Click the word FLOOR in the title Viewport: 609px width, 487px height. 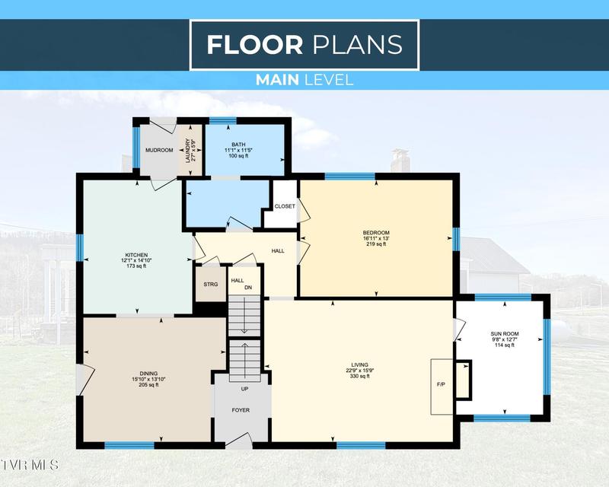point(255,45)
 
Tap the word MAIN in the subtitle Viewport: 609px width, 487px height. point(277,80)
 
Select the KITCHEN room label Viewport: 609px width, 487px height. point(136,255)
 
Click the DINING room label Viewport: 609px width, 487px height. point(148,374)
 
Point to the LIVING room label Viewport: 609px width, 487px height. point(359,364)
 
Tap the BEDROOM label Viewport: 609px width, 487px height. point(376,233)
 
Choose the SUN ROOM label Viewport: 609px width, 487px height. point(505,333)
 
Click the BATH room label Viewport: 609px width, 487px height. point(238,145)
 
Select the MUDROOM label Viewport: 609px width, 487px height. point(159,151)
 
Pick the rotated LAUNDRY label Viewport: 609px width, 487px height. point(188,151)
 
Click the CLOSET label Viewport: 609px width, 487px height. point(285,207)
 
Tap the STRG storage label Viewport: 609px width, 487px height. point(211,285)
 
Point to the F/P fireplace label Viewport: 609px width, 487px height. point(441,384)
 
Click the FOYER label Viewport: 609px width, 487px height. point(241,410)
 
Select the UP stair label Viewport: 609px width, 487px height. point(244,389)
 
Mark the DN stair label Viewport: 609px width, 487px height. point(248,288)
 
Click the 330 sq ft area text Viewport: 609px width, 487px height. point(360,377)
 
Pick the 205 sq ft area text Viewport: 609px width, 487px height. point(148,385)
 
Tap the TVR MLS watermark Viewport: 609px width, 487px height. point(30,465)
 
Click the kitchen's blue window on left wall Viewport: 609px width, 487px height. point(80,248)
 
